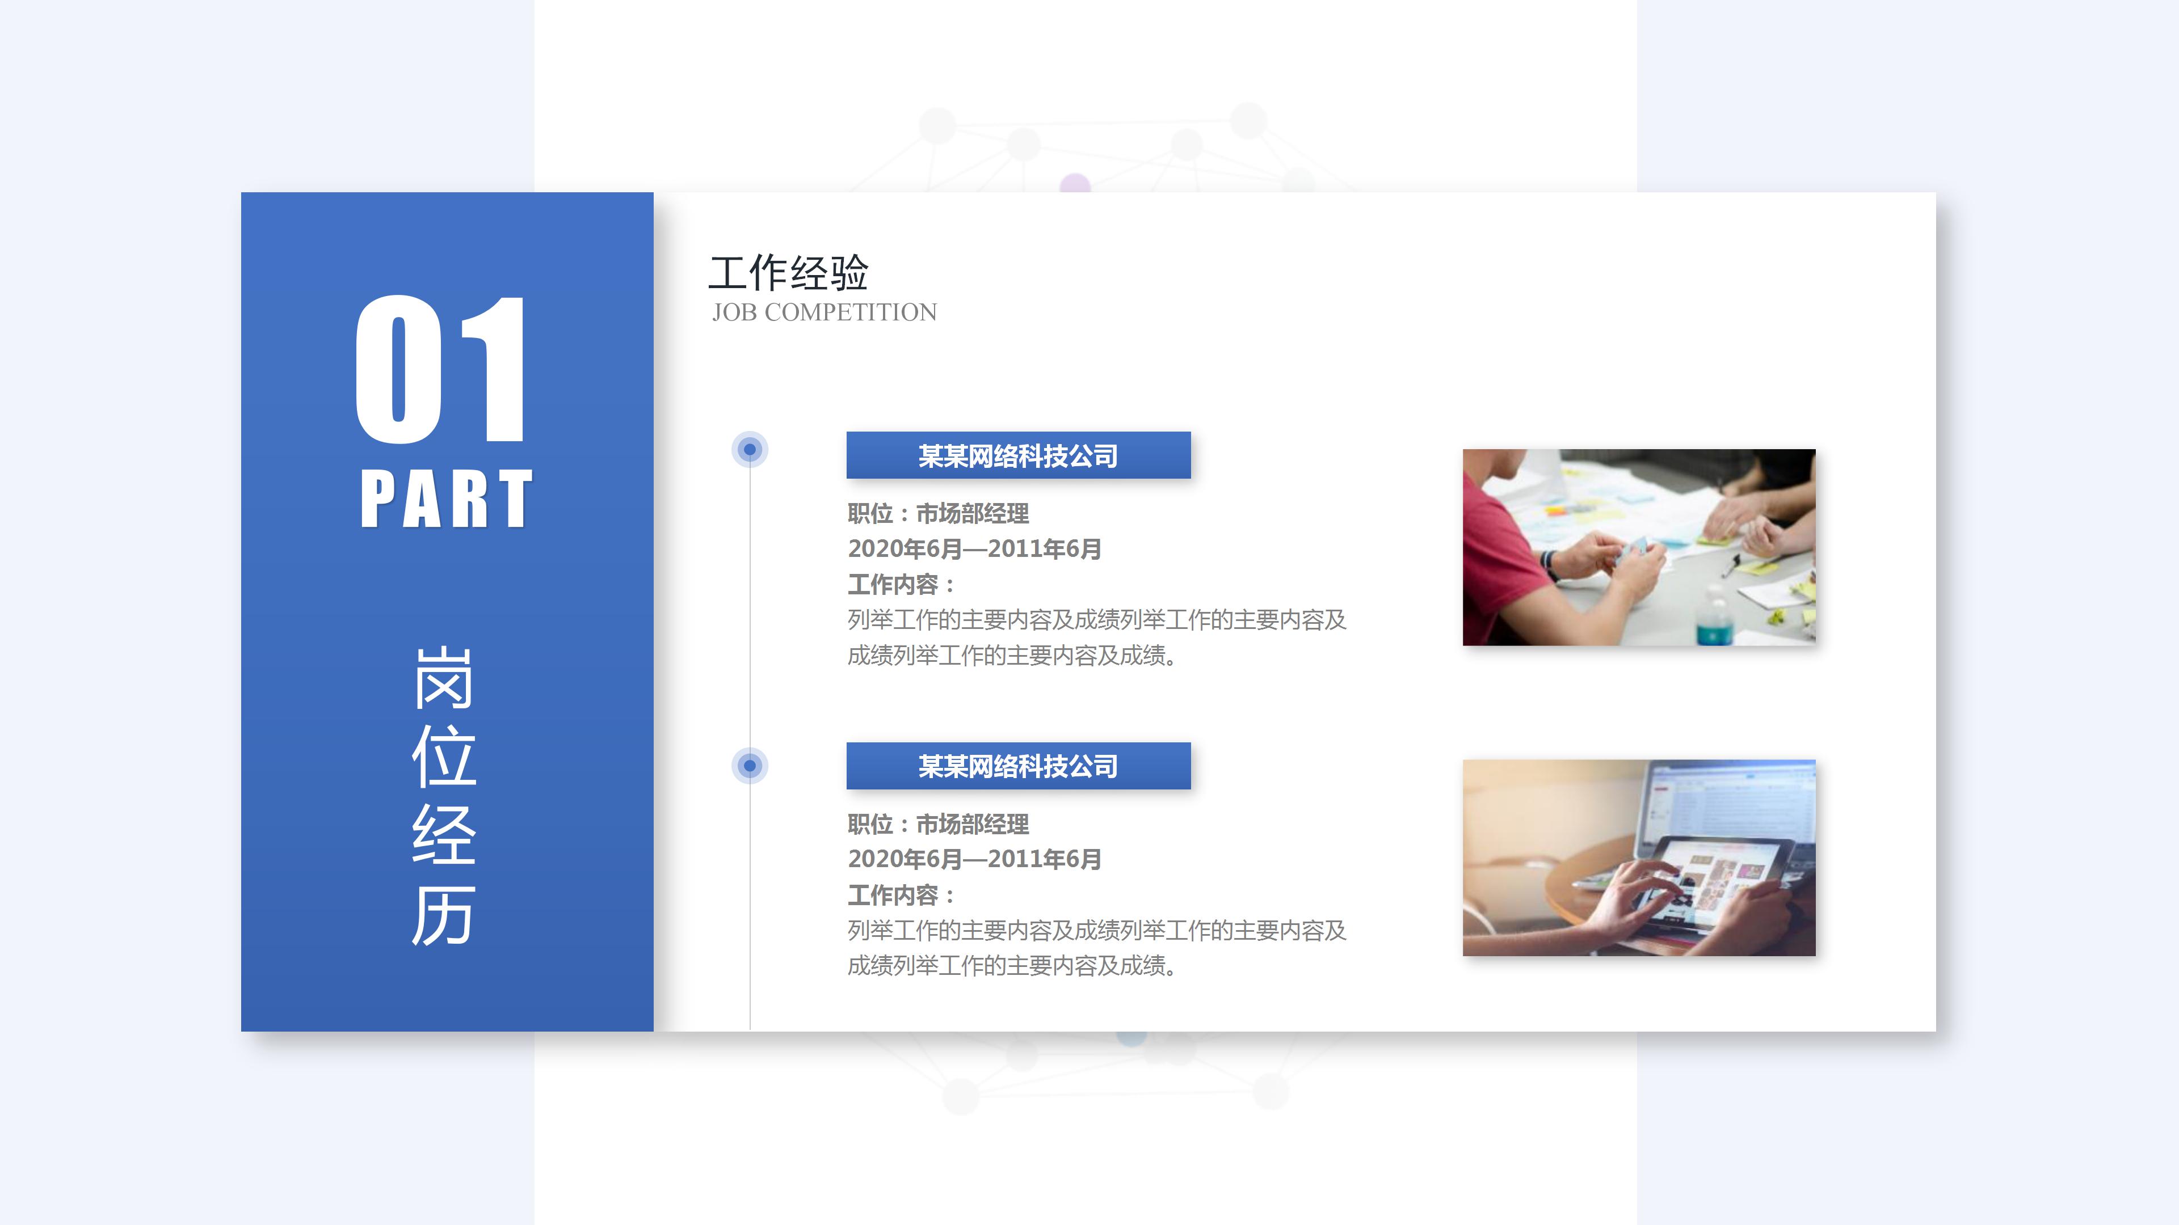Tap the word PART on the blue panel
pyautogui.click(x=446, y=500)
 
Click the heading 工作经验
pyautogui.click(x=788, y=272)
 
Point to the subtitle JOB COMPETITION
pyautogui.click(x=824, y=313)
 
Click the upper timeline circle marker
pyautogui.click(x=750, y=449)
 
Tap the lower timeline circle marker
pyautogui.click(x=750, y=766)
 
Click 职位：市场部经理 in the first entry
pyautogui.click(x=938, y=513)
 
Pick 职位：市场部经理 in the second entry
pyautogui.click(x=938, y=823)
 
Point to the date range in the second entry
pyautogui.click(x=974, y=859)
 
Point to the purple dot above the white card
pyautogui.click(x=1075, y=183)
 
